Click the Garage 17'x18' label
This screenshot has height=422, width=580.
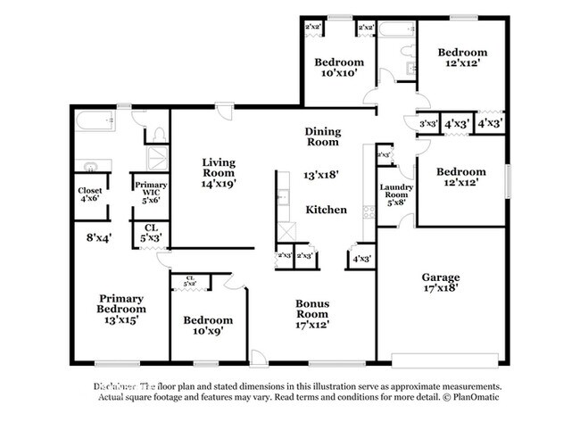(440, 283)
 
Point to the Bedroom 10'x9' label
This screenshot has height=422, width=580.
(208, 325)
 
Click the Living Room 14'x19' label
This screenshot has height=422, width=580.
(218, 172)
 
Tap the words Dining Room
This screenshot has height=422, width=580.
(322, 136)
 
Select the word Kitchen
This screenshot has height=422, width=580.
(326, 210)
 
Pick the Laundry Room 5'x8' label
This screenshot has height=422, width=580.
(394, 193)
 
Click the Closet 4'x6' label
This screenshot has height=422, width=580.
(90, 196)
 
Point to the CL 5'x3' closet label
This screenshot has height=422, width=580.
(150, 234)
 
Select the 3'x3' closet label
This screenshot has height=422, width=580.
(427, 124)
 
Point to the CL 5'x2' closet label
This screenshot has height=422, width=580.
(190, 281)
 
